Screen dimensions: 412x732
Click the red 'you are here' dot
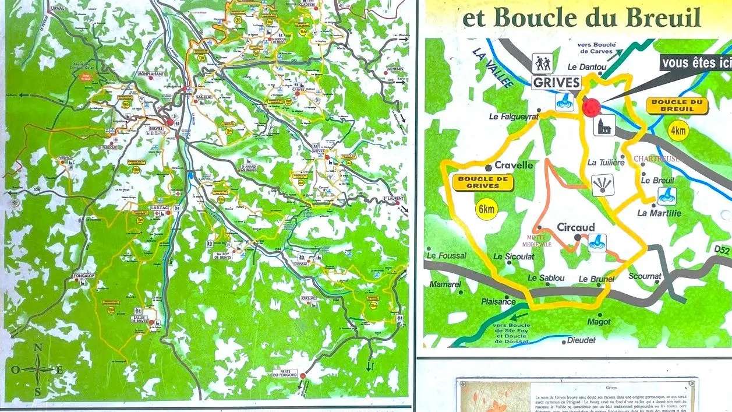click(x=592, y=107)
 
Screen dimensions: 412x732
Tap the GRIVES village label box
click(x=556, y=82)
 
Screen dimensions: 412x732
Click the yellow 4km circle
click(x=678, y=131)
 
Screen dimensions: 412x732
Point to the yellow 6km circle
click(x=486, y=209)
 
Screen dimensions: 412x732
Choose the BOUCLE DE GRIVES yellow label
click(x=483, y=182)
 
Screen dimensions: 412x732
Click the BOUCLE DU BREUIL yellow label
click(x=677, y=105)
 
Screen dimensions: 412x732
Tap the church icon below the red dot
click(x=604, y=125)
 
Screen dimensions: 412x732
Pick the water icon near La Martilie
click(x=667, y=196)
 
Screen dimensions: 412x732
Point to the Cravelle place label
click(x=513, y=165)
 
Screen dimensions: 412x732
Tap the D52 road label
click(x=722, y=249)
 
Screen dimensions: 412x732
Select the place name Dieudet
click(x=581, y=340)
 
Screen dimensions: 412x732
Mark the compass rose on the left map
click(x=38, y=369)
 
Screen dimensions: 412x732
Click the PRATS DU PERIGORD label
click(x=284, y=374)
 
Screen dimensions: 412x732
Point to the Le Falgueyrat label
click(x=512, y=117)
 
